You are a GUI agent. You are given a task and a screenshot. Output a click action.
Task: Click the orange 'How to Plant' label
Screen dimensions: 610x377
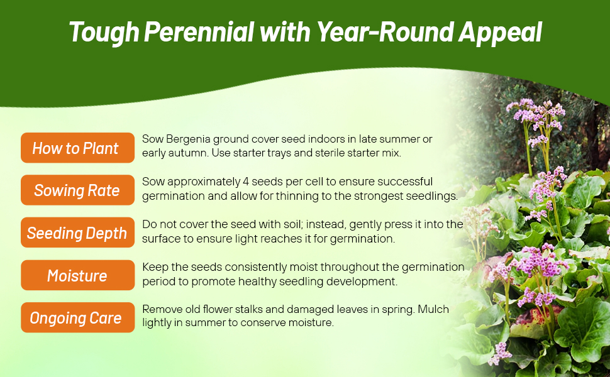click(77, 148)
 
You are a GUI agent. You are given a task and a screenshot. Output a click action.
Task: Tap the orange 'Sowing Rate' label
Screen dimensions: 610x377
click(77, 190)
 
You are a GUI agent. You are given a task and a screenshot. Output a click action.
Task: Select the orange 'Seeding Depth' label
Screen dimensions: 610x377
click(77, 232)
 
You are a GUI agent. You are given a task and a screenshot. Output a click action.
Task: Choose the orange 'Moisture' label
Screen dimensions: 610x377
click(77, 275)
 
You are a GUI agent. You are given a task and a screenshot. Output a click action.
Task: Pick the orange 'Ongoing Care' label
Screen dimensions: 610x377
click(77, 317)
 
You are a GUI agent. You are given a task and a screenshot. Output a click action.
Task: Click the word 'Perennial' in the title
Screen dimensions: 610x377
click(199, 32)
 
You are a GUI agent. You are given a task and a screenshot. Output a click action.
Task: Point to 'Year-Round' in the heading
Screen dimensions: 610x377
click(385, 32)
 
